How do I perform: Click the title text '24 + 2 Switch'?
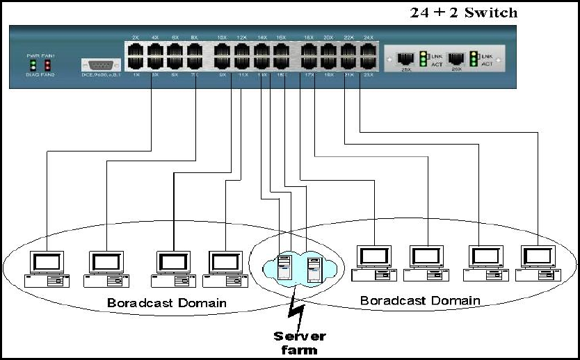pyautogui.click(x=465, y=13)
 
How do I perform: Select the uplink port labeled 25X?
pyautogui.click(x=406, y=59)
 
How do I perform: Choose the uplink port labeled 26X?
pyautogui.click(x=457, y=59)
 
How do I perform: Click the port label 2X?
pyautogui.click(x=136, y=37)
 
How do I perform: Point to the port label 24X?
pyautogui.click(x=368, y=37)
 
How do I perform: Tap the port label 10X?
pyautogui.click(x=222, y=37)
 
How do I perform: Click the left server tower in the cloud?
pyautogui.click(x=284, y=268)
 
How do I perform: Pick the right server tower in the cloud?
pyautogui.click(x=314, y=268)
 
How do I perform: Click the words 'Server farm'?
pyautogui.click(x=299, y=342)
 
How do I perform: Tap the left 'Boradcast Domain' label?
pyautogui.click(x=166, y=303)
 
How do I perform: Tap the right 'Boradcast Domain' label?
pyautogui.click(x=419, y=300)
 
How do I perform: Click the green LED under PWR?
pyautogui.click(x=32, y=65)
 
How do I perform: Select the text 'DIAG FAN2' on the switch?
pyautogui.click(x=40, y=75)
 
